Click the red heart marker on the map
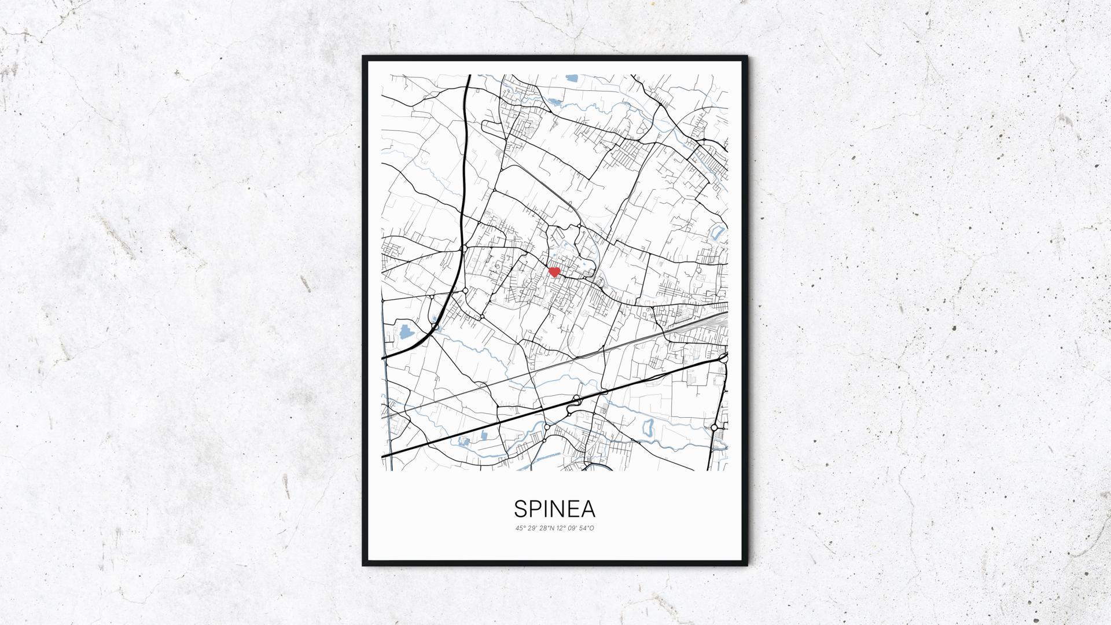[x=554, y=271]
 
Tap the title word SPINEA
[x=554, y=509]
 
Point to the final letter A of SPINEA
[x=588, y=509]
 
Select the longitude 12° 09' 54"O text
[x=576, y=528]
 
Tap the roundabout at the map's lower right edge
[x=715, y=427]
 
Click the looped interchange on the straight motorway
[x=576, y=399]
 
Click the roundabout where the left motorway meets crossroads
[x=464, y=248]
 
